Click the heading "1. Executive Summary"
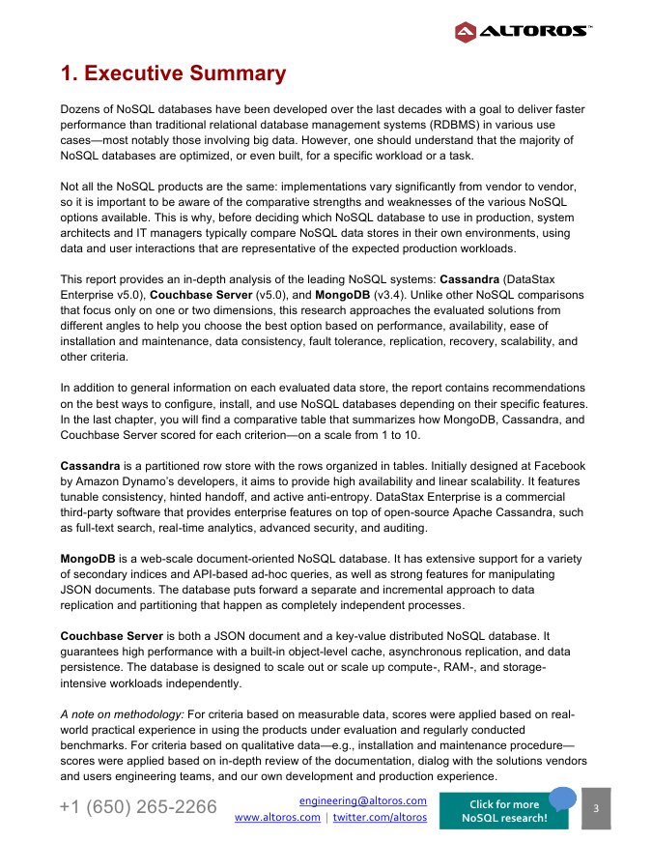[173, 73]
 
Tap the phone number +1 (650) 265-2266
[138, 807]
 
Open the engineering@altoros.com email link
[363, 801]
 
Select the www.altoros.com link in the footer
[278, 818]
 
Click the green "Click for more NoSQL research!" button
[504, 811]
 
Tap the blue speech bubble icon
[562, 798]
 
